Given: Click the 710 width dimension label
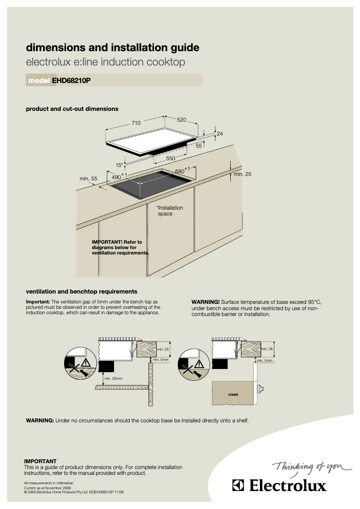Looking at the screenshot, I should [x=136, y=123].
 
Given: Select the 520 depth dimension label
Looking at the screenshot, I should [x=181, y=120].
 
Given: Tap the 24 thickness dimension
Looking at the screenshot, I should [x=220, y=134].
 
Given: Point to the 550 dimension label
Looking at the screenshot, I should [x=171, y=158].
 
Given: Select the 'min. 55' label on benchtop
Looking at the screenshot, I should [x=88, y=179].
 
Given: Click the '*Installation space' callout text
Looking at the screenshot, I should [x=169, y=211].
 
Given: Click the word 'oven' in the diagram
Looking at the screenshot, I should [x=233, y=395].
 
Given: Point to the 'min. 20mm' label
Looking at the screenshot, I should [x=113, y=378].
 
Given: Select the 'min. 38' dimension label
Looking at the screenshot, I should [x=267, y=349].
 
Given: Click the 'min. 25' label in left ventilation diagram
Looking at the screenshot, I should [x=163, y=349].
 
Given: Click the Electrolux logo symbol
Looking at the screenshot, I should [x=238, y=486].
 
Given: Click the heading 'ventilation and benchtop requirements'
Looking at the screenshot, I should [x=82, y=291].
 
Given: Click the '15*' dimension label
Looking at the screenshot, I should [x=119, y=165].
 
